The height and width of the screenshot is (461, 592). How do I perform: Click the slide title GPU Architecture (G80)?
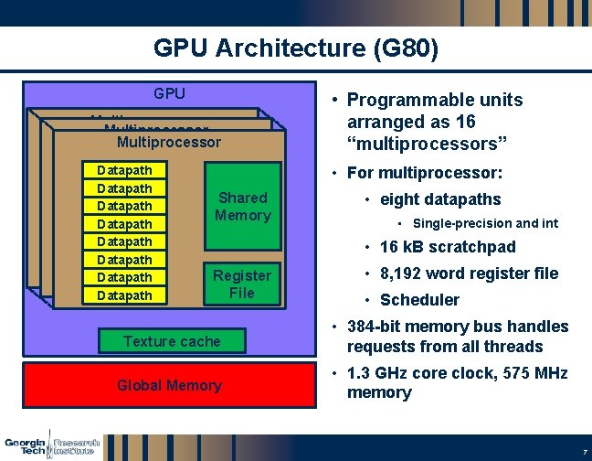pyautogui.click(x=296, y=48)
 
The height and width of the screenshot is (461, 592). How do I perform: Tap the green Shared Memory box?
pyautogui.click(x=242, y=207)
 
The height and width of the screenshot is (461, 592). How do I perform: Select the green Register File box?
pyautogui.click(x=242, y=284)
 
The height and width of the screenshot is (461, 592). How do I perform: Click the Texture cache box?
pyautogui.click(x=172, y=341)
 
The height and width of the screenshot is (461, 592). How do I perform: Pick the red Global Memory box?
pyautogui.click(x=169, y=385)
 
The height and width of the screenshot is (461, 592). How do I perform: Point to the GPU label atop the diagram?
pyautogui.click(x=169, y=93)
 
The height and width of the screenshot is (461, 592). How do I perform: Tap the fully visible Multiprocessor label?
pyautogui.click(x=169, y=142)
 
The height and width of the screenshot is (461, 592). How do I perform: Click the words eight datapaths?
pyautogui.click(x=440, y=199)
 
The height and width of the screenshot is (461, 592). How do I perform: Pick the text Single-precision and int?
pyautogui.click(x=485, y=224)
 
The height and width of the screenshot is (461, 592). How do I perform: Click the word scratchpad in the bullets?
pyautogui.click(x=474, y=247)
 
